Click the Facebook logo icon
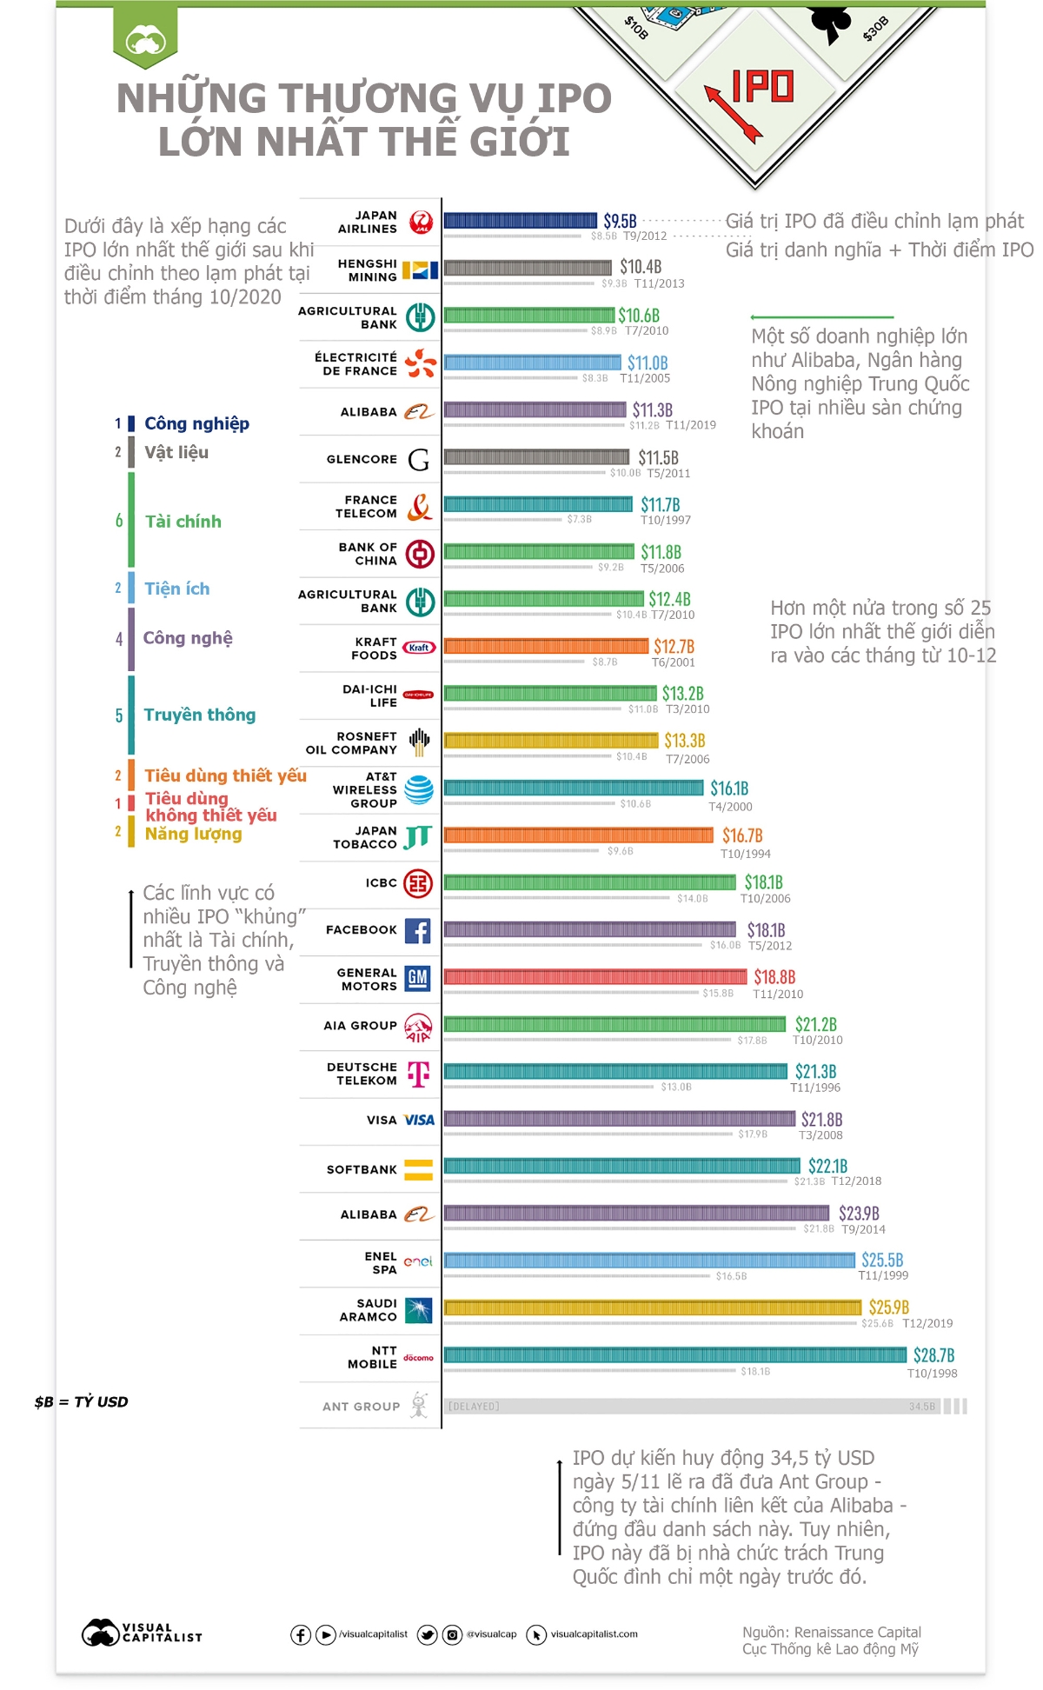click(417, 930)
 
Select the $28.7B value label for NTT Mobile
click(933, 1355)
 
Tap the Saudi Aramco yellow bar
click(652, 1307)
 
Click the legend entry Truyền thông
click(199, 715)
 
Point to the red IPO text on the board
click(762, 86)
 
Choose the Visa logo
click(419, 1120)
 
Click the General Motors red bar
click(595, 977)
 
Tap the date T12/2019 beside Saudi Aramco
click(927, 1323)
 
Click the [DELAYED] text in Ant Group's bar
click(474, 1406)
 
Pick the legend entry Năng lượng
click(193, 834)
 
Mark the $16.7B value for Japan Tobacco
click(742, 835)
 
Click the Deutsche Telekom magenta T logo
click(419, 1074)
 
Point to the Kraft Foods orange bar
click(547, 646)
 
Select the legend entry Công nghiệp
click(196, 423)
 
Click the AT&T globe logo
click(419, 788)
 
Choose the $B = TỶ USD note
click(81, 1401)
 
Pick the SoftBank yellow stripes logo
click(418, 1169)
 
